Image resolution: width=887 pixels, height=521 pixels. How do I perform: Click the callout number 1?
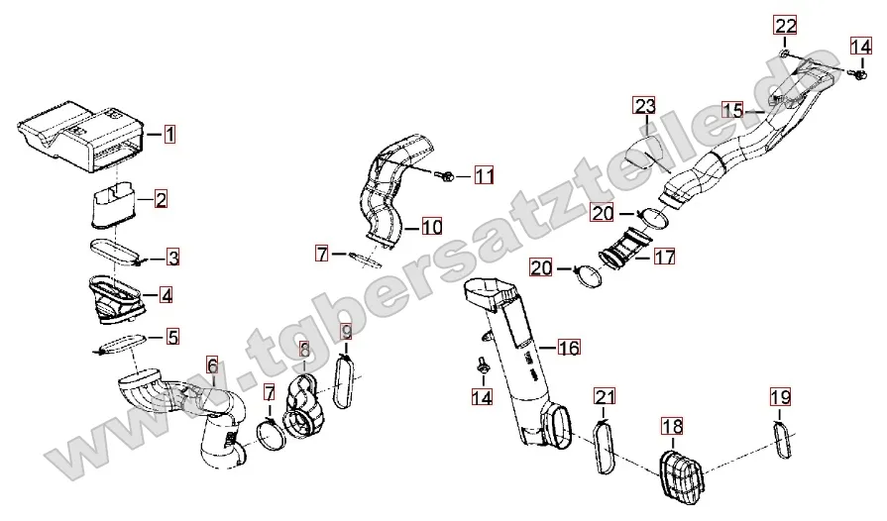tap(169, 135)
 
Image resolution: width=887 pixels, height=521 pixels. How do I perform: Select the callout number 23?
tap(645, 106)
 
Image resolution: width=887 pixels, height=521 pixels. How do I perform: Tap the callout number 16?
tap(569, 347)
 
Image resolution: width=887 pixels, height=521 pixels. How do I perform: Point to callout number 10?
tap(432, 227)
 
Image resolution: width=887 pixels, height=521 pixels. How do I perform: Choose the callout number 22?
tap(785, 26)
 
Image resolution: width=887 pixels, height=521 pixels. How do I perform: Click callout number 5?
tap(172, 337)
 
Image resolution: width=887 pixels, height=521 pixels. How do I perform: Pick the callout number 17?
tap(664, 257)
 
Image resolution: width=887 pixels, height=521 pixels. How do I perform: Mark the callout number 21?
tap(605, 396)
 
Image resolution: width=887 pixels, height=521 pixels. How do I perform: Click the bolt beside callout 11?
tap(445, 176)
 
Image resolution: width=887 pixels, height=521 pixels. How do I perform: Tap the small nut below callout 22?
tap(785, 53)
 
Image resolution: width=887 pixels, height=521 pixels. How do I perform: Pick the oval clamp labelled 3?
tap(116, 252)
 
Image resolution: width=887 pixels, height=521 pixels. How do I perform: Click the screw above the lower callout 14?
tap(483, 365)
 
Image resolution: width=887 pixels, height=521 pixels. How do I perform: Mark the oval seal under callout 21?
tap(604, 447)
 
